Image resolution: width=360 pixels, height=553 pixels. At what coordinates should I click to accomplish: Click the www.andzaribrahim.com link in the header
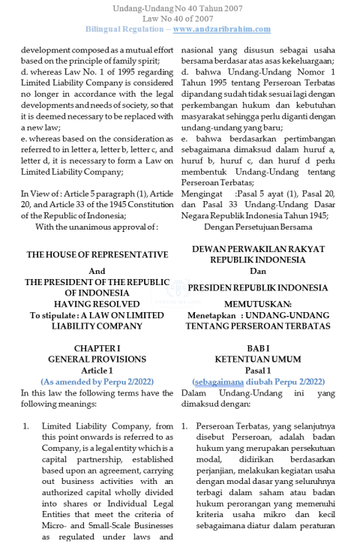coord(221,29)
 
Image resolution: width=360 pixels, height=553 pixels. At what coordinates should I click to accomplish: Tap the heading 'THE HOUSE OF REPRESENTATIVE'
coord(97,255)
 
